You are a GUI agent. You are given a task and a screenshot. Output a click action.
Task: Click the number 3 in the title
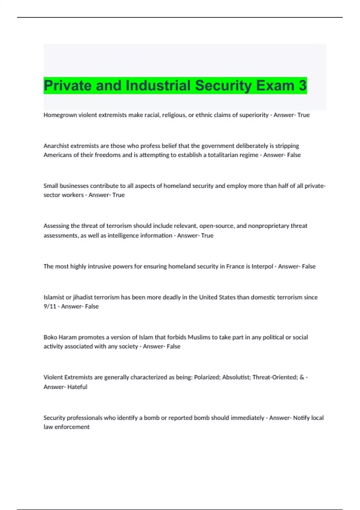[x=302, y=85]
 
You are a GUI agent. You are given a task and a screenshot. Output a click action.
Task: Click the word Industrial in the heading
[x=158, y=85]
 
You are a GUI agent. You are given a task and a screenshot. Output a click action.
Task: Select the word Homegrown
[x=60, y=115]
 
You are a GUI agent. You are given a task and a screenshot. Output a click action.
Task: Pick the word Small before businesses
[x=51, y=186]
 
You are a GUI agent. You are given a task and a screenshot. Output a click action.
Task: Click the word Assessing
[x=56, y=226]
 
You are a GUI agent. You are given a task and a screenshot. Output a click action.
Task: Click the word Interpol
[x=262, y=266]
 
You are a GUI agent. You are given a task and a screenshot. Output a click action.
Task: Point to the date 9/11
[x=50, y=306]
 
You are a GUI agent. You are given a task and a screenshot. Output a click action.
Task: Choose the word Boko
[x=50, y=337]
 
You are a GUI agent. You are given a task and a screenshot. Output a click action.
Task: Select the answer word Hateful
[x=77, y=387]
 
